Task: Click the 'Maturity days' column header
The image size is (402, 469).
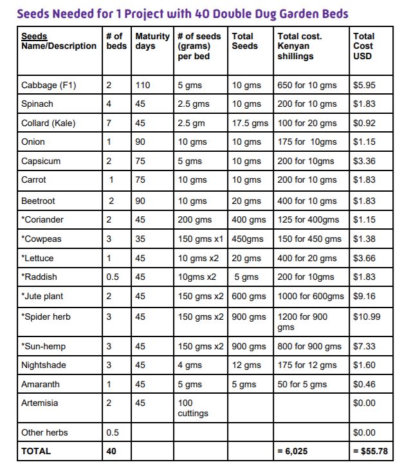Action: point(152,41)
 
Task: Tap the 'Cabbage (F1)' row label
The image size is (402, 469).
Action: point(49,85)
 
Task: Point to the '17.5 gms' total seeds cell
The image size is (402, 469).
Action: point(250,123)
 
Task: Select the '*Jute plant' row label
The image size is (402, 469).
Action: point(42,297)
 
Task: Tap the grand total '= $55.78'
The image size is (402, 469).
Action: point(370,451)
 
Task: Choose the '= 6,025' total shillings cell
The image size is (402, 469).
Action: point(293,451)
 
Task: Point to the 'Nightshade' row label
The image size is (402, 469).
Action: point(43,365)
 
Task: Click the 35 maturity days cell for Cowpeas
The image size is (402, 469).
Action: point(141,239)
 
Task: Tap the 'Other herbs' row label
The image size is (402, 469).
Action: point(44,432)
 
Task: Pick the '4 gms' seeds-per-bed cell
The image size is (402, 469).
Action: point(190,365)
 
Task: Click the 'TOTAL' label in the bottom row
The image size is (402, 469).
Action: point(36,451)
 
